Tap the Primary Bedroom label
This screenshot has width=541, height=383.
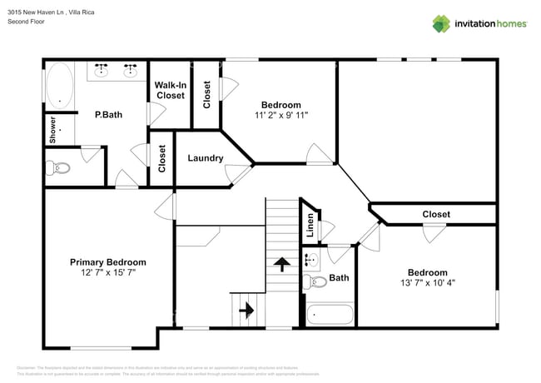(x=107, y=261)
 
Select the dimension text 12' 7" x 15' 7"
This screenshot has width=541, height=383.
(x=107, y=272)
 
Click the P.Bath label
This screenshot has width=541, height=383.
(x=108, y=115)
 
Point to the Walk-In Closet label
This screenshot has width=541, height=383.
(x=171, y=90)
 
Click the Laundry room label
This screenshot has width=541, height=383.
(x=205, y=158)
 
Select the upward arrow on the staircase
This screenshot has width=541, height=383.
(x=281, y=265)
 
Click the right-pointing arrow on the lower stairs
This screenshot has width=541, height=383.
(x=247, y=310)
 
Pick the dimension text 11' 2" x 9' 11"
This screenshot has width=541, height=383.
(x=281, y=115)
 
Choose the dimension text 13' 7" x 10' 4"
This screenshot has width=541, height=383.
(x=427, y=283)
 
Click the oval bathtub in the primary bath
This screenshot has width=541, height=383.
(x=59, y=86)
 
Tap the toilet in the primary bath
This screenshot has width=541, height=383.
(x=60, y=168)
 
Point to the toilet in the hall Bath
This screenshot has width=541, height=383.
(x=313, y=281)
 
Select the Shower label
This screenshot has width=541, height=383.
(x=52, y=130)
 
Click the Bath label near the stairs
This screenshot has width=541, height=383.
(x=339, y=278)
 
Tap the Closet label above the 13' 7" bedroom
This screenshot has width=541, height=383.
(x=436, y=214)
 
